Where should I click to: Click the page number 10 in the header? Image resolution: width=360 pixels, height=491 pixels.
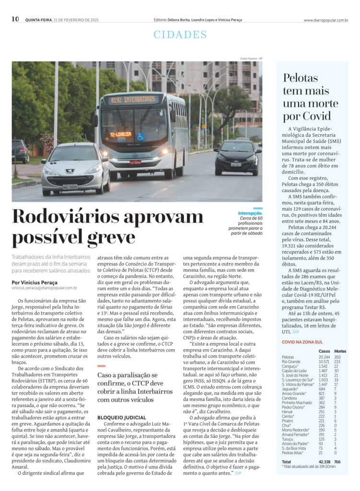(x=15, y=19)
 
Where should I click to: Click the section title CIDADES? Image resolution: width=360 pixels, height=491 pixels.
(x=180, y=35)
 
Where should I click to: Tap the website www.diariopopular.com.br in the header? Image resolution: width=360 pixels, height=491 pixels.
(x=325, y=20)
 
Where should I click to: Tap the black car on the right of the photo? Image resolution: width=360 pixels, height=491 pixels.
(x=237, y=157)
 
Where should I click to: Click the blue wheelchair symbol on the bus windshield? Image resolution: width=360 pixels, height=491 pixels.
(x=141, y=136)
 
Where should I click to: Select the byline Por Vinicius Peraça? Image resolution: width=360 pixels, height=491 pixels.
(x=35, y=282)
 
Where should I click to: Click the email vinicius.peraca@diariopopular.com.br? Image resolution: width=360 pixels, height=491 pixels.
(x=45, y=288)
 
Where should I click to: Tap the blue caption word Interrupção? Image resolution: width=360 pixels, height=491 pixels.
(x=250, y=213)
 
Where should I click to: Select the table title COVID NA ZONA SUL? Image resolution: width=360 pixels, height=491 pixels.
(x=302, y=342)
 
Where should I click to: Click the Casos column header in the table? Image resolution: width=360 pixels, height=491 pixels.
(x=325, y=351)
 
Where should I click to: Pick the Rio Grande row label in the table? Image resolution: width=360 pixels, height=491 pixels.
(x=291, y=362)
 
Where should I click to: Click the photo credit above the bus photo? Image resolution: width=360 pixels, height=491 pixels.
(x=251, y=58)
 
